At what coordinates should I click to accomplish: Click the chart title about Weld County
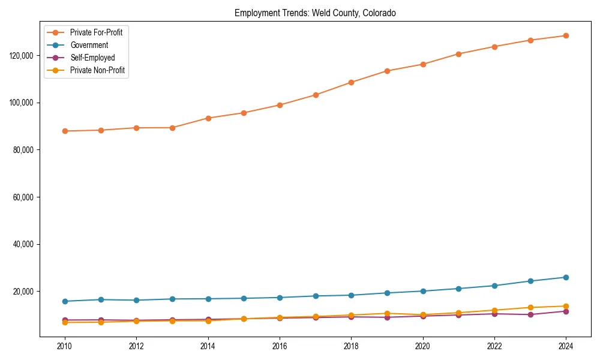(315, 13)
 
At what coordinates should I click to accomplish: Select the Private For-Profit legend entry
(96, 32)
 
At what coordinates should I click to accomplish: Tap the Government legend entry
(89, 45)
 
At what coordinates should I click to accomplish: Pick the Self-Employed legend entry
(92, 58)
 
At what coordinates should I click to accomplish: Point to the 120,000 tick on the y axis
(22, 56)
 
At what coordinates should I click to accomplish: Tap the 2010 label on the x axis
(65, 346)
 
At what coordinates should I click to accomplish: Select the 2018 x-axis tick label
(351, 346)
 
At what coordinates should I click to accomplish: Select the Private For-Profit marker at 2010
(65, 131)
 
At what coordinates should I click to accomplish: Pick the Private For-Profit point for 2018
(351, 82)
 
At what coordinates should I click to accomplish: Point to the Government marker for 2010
(65, 301)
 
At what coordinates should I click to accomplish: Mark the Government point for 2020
(423, 291)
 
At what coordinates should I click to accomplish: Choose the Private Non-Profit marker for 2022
(494, 310)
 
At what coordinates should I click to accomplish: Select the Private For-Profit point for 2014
(208, 118)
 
